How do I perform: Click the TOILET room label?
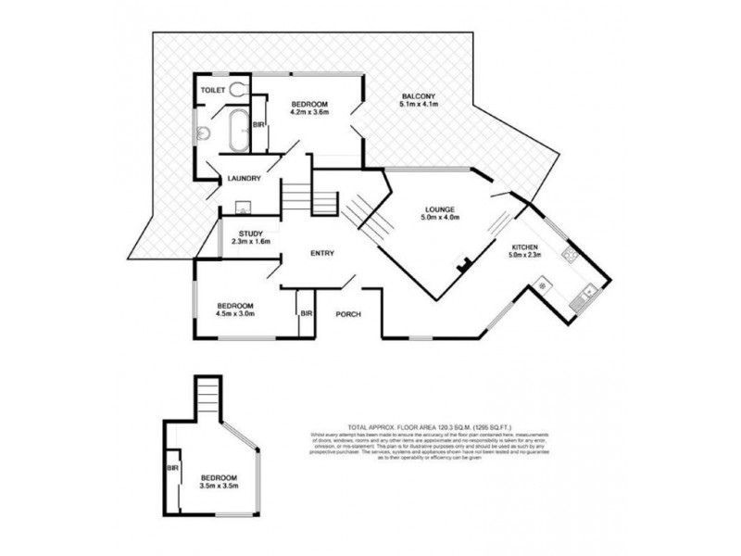click(x=214, y=90)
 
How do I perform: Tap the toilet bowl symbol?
click(x=239, y=89)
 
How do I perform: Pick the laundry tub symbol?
click(x=245, y=206)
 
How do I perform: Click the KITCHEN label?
click(x=525, y=247)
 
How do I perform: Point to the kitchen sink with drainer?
click(x=585, y=297)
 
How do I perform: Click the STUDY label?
click(x=251, y=234)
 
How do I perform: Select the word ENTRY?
click(x=321, y=253)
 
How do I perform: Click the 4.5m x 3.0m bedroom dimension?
click(x=236, y=313)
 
